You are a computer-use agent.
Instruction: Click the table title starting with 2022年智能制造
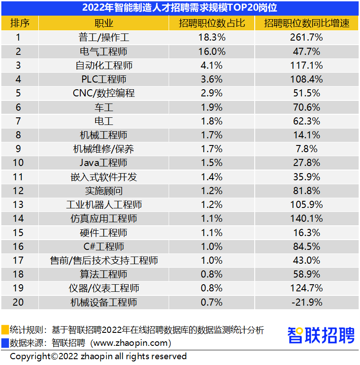pos(180,8)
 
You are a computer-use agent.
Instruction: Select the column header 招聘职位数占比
pos(212,23)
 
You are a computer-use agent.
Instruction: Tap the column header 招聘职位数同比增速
pos(307,23)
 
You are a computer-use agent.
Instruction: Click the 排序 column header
pos(18,23)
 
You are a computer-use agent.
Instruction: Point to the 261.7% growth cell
pos(307,37)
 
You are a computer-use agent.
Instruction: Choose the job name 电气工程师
pos(104,51)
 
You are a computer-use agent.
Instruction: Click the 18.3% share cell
pos(212,37)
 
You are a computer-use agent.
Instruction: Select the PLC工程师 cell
pos(104,79)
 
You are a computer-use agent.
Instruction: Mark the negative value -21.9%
pos(307,303)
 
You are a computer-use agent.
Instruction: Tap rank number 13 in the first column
pos(18,205)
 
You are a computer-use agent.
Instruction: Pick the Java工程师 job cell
pos(104,163)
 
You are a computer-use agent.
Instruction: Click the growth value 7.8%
pos(307,149)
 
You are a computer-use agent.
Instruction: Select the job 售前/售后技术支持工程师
pos(104,261)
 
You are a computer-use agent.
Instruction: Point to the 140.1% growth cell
pos(307,219)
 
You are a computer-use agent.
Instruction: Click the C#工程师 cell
pos(104,247)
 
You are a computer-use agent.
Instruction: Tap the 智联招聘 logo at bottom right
pos(321,335)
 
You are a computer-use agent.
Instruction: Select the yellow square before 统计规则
pos(4,330)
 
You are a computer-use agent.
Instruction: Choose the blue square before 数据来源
pos(4,343)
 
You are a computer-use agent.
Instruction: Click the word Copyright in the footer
pos(30,357)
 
